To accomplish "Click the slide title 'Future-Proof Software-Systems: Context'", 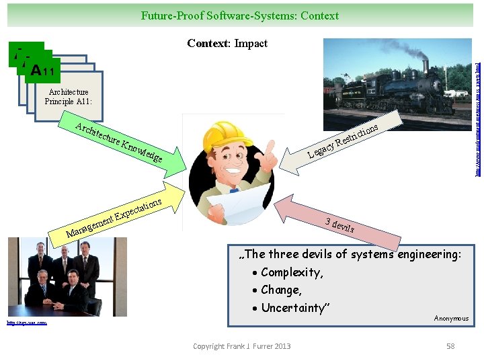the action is (x=240, y=15).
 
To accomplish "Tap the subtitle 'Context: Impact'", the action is (x=227, y=43).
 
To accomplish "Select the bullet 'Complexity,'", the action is (x=291, y=272).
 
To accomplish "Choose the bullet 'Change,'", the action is (x=281, y=290).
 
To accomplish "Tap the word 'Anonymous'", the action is (x=451, y=318).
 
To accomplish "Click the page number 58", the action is (x=450, y=346).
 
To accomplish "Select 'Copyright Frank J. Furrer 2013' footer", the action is (x=242, y=346).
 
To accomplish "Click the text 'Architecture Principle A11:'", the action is (x=69, y=96).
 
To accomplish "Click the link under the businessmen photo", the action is (x=27, y=323).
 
